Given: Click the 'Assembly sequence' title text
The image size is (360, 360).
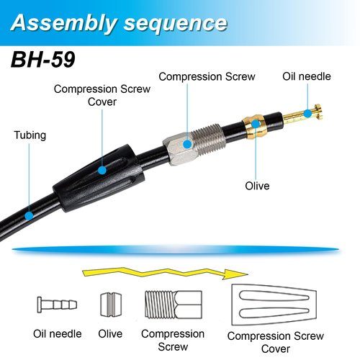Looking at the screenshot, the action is (x=119, y=23).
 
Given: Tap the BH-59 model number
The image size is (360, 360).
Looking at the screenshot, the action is (x=43, y=60).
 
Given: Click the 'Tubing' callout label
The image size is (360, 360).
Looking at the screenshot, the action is (x=30, y=135).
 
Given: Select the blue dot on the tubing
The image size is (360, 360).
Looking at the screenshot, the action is (x=29, y=216).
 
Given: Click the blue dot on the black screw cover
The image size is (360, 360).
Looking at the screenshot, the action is (x=102, y=170).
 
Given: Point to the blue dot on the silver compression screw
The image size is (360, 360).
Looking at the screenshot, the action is (x=187, y=144).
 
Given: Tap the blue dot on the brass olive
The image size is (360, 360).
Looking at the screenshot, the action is (x=256, y=124).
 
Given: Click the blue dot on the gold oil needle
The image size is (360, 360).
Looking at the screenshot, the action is (x=307, y=113).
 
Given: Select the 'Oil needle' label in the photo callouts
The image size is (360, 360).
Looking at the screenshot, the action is (x=307, y=76).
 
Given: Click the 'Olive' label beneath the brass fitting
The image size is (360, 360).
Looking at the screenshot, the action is (x=257, y=186).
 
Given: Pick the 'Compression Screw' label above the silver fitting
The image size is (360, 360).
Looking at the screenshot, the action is (x=207, y=77).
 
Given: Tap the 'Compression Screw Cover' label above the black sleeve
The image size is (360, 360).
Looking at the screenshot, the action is (x=102, y=95).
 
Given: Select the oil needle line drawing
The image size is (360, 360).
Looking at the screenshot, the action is (x=57, y=305).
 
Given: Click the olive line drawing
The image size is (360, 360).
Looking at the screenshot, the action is (x=111, y=305).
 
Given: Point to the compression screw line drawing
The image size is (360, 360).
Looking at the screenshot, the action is (x=174, y=305).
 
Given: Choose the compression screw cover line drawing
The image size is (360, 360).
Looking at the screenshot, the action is (x=274, y=305).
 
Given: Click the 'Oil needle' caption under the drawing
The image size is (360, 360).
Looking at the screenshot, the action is (x=58, y=334).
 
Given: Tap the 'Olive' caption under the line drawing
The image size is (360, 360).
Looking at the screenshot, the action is (x=110, y=334).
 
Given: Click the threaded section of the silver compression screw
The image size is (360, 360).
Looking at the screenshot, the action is (x=208, y=139).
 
